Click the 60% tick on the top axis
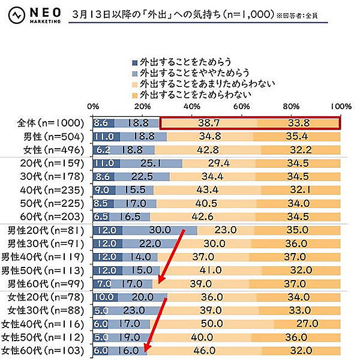click(x=242, y=106)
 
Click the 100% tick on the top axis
click(x=340, y=106)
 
